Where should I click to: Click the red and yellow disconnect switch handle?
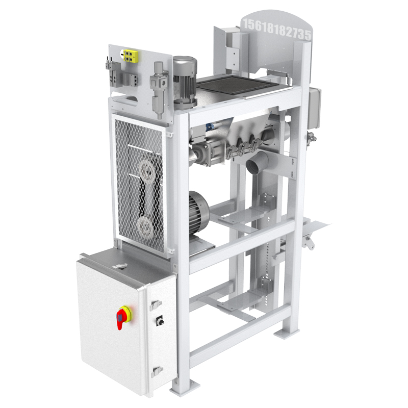(123, 317)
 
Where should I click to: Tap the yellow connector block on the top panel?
(130, 56)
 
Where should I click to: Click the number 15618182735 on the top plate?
(277, 30)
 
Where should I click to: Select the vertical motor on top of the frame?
(185, 82)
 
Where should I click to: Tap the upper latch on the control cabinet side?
(156, 304)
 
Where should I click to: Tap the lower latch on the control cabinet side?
(157, 371)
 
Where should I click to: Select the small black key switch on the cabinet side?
(160, 321)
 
